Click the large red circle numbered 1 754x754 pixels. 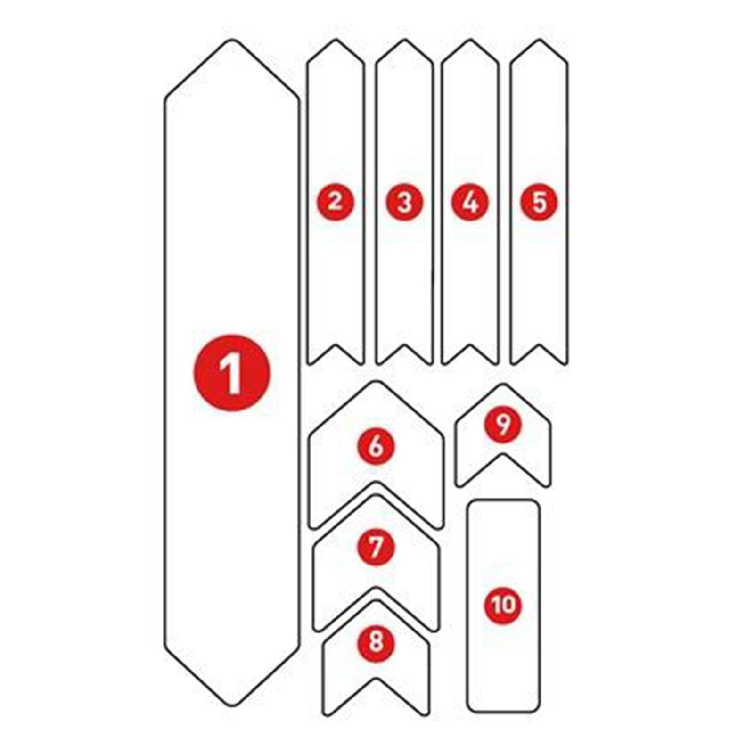pos(232,372)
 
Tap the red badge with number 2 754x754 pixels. pos(335,202)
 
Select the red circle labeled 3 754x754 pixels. pos(404,202)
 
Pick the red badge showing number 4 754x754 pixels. pos(470,202)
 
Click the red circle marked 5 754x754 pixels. pos(539,202)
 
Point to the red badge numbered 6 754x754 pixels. pos(376,446)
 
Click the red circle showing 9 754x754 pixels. pos(503,425)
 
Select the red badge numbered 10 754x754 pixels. pos(503,605)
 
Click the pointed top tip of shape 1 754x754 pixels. pos(231,41)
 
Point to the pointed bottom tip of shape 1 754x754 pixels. pos(232,705)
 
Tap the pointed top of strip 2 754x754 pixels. pos(336,40)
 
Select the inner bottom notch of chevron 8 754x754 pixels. pos(376,680)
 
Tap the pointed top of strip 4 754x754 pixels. pos(470,40)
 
